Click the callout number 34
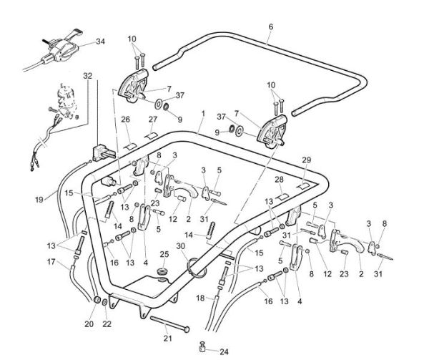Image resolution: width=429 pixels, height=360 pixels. point(99,42)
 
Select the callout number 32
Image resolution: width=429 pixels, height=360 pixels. point(87,75)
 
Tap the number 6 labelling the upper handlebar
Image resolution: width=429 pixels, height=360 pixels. point(270,26)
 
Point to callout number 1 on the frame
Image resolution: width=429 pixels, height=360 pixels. point(203,114)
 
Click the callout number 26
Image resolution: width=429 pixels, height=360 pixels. point(124,119)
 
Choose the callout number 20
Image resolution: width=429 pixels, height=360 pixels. point(89,323)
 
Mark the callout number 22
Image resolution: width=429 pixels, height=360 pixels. point(107,324)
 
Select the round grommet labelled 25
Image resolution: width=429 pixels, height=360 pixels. point(163,273)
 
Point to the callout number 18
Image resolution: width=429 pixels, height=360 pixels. point(200,297)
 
